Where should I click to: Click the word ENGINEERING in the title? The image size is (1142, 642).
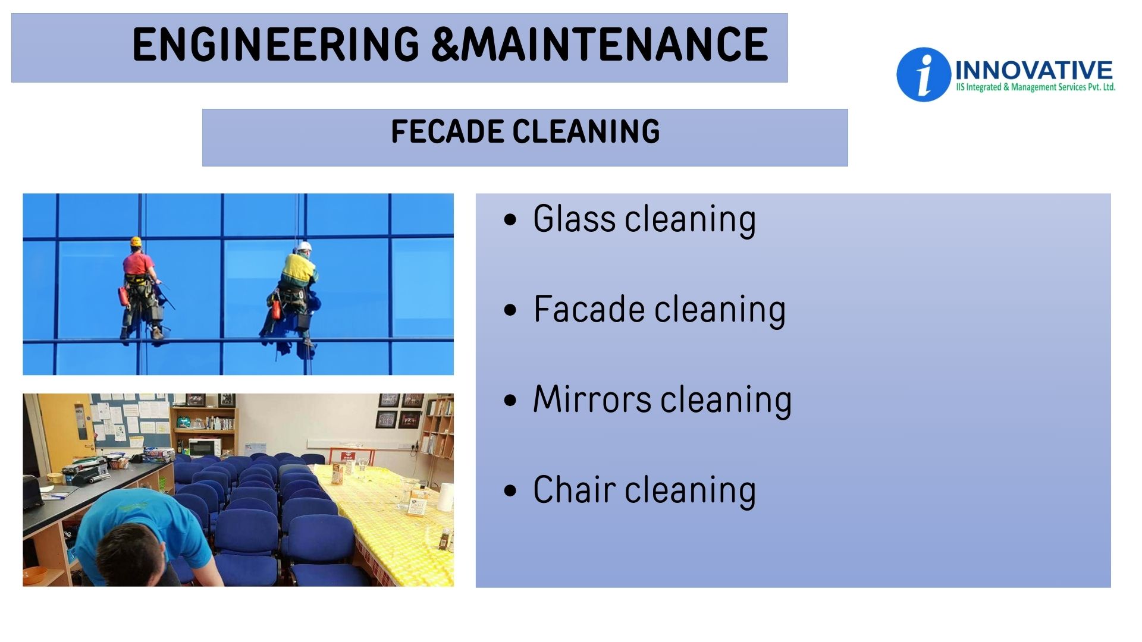click(x=276, y=45)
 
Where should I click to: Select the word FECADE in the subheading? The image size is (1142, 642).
click(x=447, y=131)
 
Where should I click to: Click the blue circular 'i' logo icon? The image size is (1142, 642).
click(x=923, y=74)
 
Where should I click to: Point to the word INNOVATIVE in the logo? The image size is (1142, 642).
click(x=1034, y=70)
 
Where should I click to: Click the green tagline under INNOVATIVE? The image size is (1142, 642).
click(x=1036, y=87)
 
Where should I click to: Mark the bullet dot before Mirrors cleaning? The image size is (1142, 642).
click(x=510, y=400)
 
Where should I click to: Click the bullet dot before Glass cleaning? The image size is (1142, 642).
click(x=510, y=219)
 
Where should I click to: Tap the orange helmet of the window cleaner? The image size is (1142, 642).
click(x=136, y=241)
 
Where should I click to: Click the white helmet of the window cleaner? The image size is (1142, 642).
click(x=305, y=246)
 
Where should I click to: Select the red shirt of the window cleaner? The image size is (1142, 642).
click(x=138, y=263)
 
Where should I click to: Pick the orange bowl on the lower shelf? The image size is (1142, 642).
click(x=34, y=574)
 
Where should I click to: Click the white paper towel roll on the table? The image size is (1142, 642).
click(x=445, y=497)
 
